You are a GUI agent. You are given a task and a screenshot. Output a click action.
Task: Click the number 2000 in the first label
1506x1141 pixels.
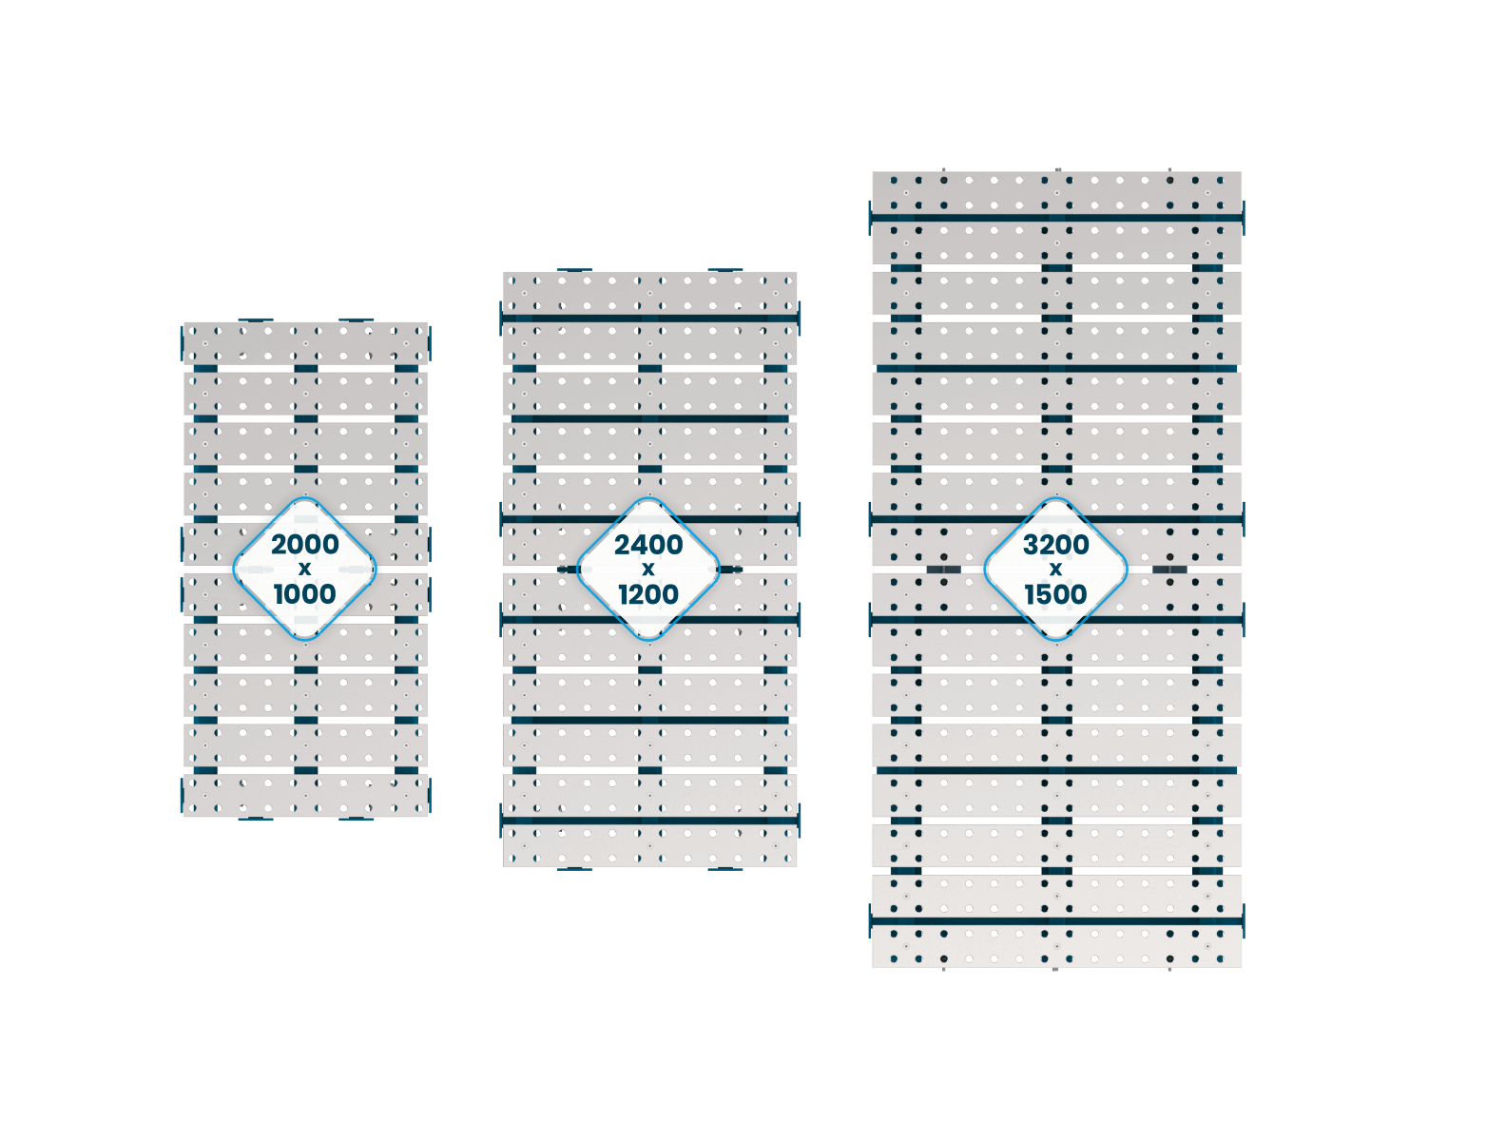(x=304, y=544)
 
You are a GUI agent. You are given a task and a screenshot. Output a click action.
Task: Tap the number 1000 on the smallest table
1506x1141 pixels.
(x=304, y=593)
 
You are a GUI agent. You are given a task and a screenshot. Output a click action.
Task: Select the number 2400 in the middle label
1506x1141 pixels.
(x=647, y=544)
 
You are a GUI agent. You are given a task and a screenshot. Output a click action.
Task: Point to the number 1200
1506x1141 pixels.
(x=647, y=593)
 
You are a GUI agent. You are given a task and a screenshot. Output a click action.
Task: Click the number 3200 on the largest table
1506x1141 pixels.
(x=1055, y=544)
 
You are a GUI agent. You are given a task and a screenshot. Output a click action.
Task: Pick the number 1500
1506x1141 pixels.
(x=1055, y=593)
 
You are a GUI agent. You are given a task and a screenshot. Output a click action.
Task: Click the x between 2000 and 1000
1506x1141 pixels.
(x=304, y=569)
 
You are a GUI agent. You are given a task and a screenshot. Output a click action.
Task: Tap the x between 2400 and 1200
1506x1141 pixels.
(x=647, y=569)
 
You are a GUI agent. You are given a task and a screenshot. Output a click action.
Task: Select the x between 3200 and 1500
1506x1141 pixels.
(x=1055, y=569)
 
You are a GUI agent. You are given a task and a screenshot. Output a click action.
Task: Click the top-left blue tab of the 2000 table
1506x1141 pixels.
(x=255, y=319)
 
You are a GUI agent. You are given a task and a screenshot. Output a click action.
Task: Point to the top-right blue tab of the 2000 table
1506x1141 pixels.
(x=356, y=319)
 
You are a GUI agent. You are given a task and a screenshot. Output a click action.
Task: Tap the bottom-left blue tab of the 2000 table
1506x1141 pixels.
(x=255, y=819)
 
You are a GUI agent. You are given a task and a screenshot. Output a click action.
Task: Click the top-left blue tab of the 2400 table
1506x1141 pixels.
(x=574, y=270)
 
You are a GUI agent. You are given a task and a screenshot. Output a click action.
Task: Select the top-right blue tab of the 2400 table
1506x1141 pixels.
(x=724, y=270)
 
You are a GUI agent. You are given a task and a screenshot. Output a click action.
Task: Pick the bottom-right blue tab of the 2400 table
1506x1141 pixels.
(x=724, y=869)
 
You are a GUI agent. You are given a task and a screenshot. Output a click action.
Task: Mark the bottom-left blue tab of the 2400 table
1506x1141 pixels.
(x=574, y=869)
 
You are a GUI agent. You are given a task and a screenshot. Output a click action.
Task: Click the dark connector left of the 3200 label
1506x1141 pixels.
(x=943, y=570)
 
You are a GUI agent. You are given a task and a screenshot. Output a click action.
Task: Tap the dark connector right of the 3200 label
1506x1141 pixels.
(x=1169, y=570)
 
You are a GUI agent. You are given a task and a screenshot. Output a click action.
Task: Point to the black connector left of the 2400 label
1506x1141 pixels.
(x=569, y=570)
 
